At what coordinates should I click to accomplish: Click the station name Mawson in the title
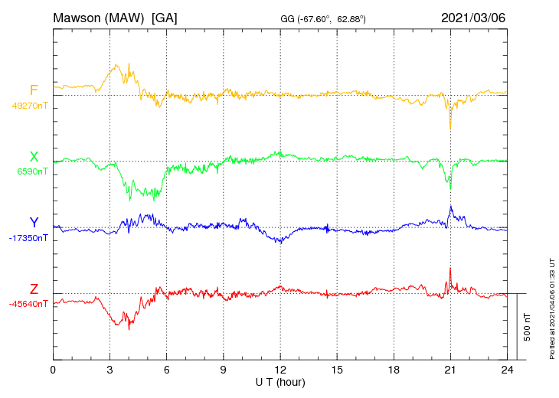click(x=77, y=17)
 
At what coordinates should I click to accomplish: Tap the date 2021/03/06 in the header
click(x=474, y=17)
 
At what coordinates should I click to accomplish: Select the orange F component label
click(x=34, y=90)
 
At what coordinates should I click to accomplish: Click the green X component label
click(x=34, y=157)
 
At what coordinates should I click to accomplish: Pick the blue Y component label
click(x=34, y=223)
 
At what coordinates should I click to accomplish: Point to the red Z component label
click(x=34, y=289)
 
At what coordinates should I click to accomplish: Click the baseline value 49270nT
click(x=29, y=106)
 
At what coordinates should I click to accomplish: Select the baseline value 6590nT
click(x=32, y=171)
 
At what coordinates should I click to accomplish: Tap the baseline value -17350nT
click(x=29, y=238)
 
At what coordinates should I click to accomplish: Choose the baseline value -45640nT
click(x=29, y=304)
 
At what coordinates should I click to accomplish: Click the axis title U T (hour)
click(x=280, y=382)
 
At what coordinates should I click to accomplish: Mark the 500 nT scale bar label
click(x=528, y=326)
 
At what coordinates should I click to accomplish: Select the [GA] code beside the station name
click(x=165, y=17)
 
